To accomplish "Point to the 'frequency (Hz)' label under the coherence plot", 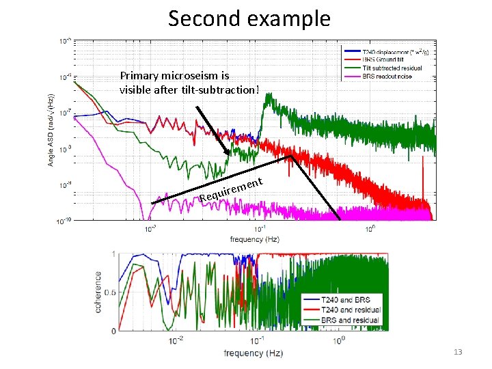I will (x=254, y=353).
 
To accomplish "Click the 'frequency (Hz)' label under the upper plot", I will (x=254, y=239).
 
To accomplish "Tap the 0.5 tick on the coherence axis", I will (x=109, y=292).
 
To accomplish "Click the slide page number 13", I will (x=457, y=352).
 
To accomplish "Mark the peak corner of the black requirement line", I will (x=291, y=156).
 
